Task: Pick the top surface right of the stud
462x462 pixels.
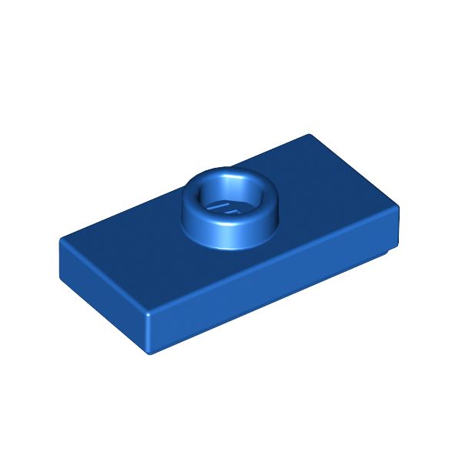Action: [x=323, y=200]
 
